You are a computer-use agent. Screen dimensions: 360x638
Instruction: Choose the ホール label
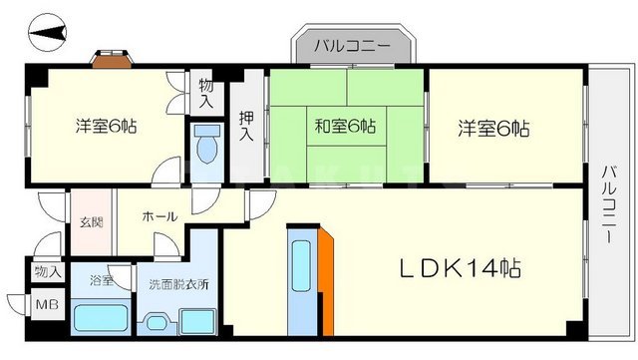[x=159, y=216]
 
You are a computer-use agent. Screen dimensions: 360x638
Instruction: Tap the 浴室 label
[x=101, y=281]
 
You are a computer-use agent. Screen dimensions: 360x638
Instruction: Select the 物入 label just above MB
[x=47, y=271]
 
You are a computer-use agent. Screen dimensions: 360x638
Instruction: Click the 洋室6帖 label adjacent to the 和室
[x=493, y=128]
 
